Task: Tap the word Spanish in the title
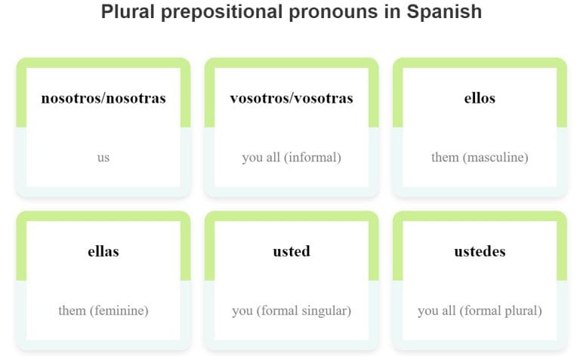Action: coord(445,13)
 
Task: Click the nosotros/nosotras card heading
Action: coord(103,98)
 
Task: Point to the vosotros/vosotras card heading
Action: coord(292,98)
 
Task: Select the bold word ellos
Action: coord(480,98)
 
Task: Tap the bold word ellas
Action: coord(103,251)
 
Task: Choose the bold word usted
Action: coord(292,251)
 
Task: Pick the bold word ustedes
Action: coord(480,251)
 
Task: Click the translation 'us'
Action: coord(103,158)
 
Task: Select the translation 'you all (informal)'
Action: coord(292,158)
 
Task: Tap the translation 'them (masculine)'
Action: coord(480,158)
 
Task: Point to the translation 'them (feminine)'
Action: coord(103,311)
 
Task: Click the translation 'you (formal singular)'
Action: coord(292,311)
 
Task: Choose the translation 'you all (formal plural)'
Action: coord(480,311)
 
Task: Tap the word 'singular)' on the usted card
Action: coord(326,311)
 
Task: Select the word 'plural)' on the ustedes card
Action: coord(521,311)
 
